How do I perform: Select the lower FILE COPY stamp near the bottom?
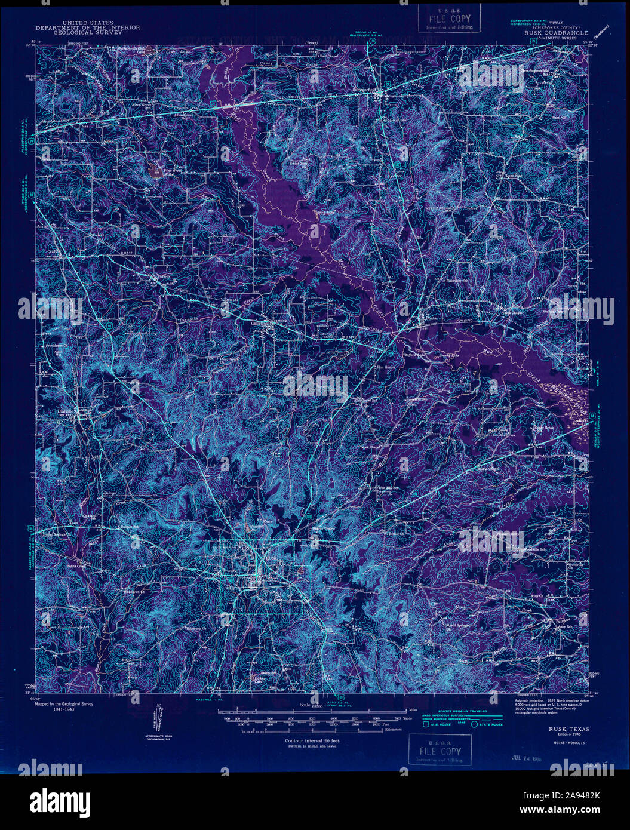440,750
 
